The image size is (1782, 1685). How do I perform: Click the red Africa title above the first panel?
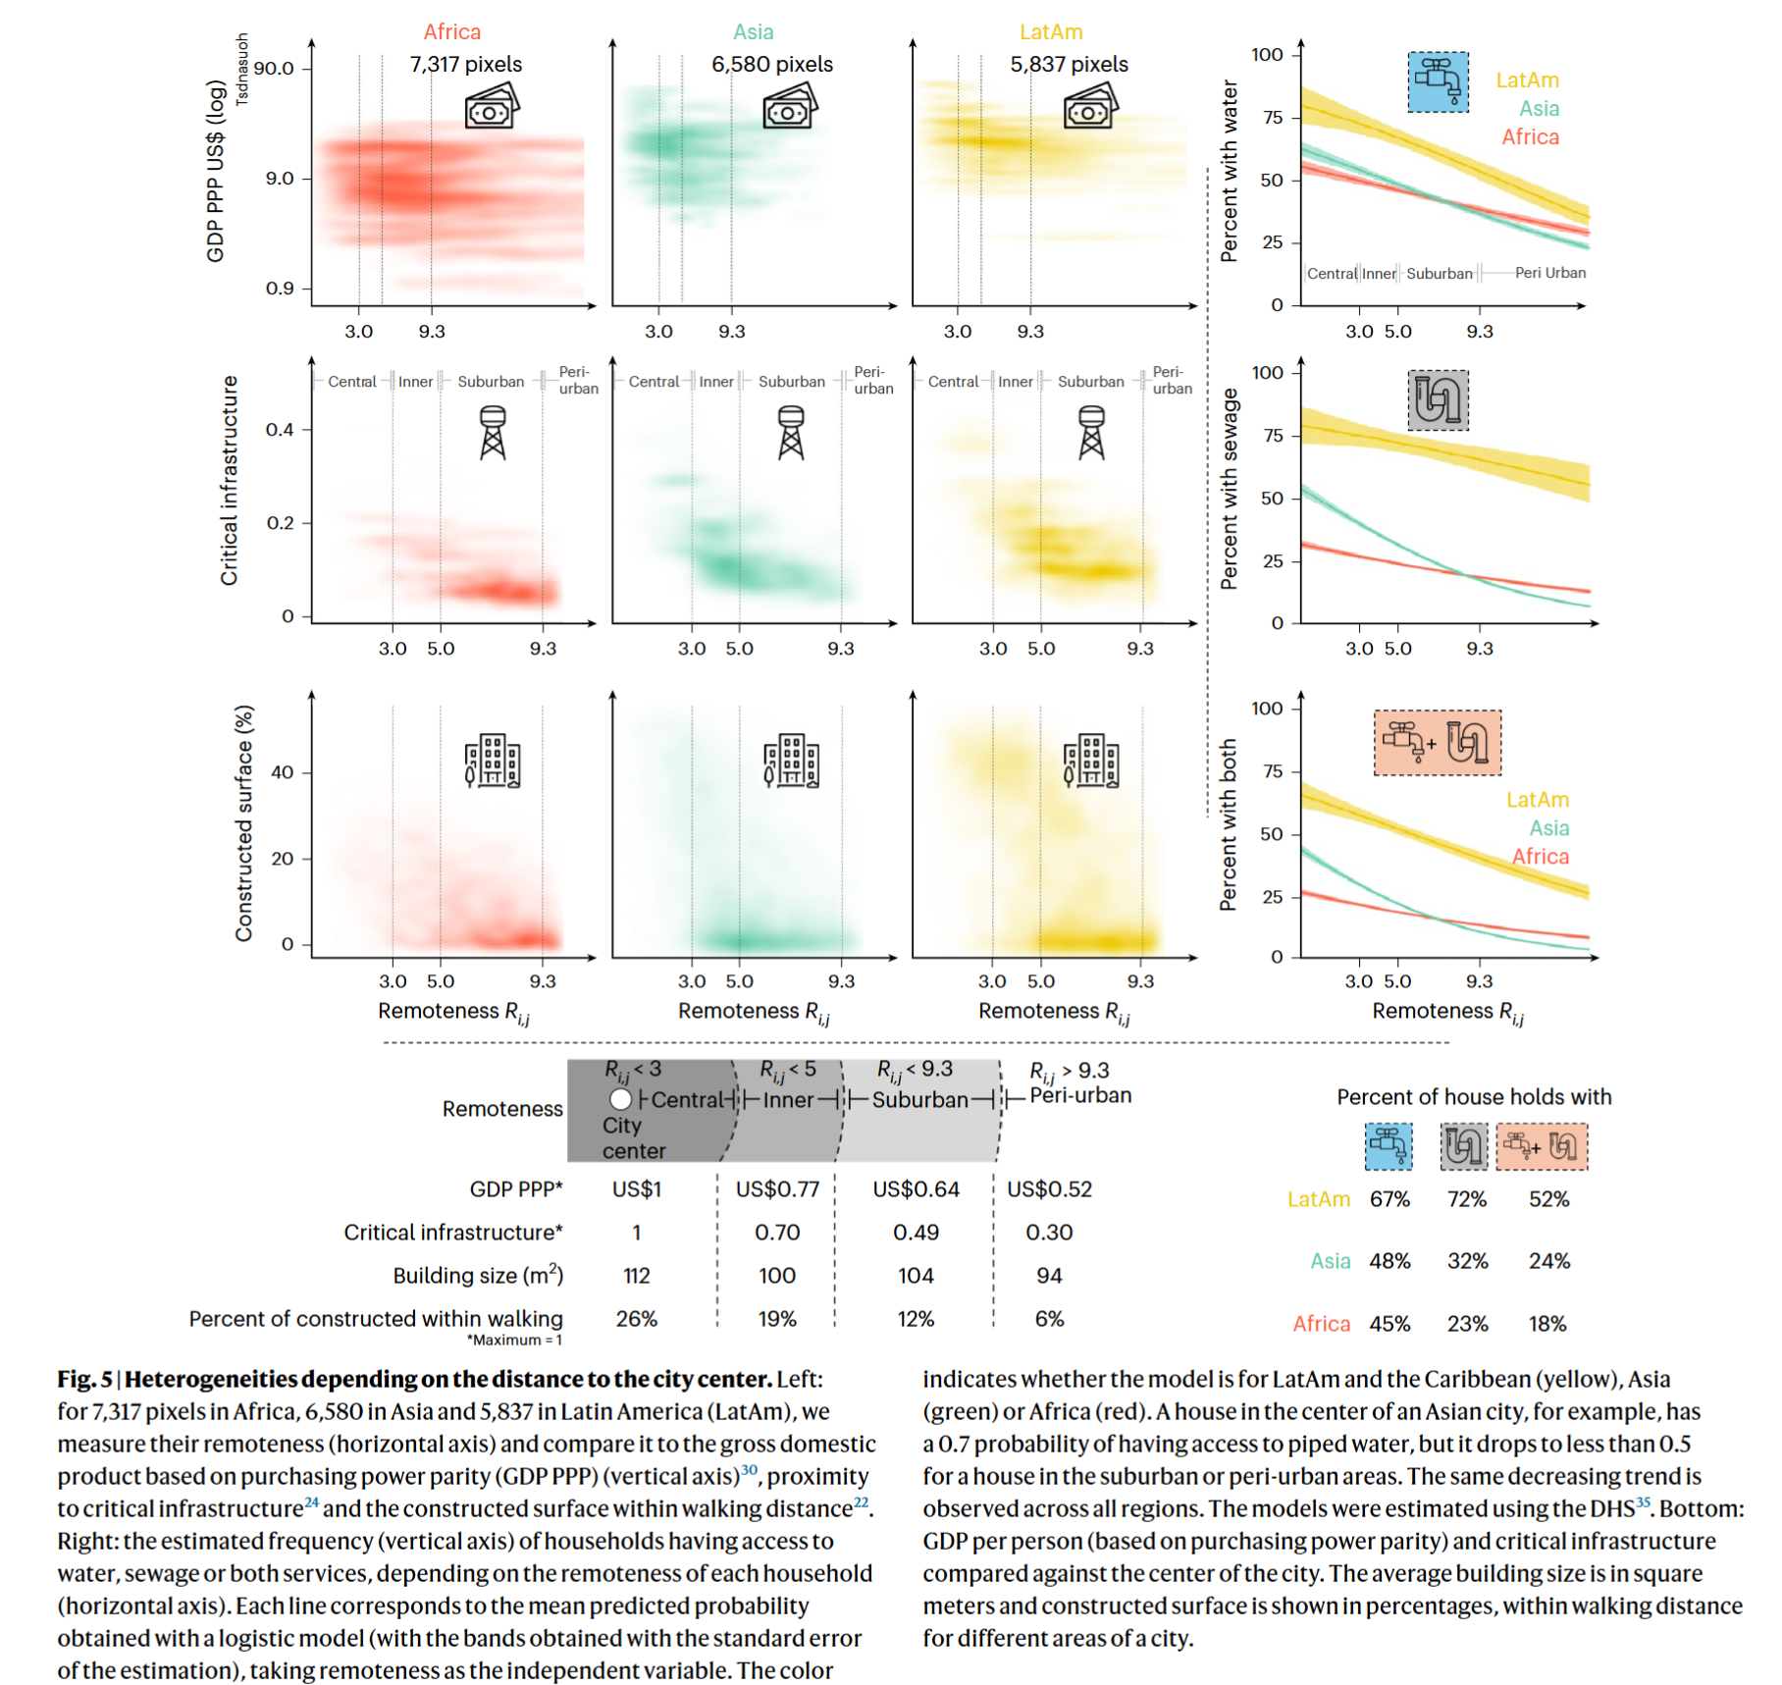click(452, 31)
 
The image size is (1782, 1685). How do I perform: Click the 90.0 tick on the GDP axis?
click(274, 69)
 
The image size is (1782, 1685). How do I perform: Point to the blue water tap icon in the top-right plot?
click(1438, 82)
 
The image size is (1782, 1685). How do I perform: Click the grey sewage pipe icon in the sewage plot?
click(1438, 400)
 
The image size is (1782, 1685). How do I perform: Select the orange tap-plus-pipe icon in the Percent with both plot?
click(1437, 743)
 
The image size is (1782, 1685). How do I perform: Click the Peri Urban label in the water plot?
click(1549, 273)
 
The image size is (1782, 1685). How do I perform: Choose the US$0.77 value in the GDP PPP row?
click(777, 1189)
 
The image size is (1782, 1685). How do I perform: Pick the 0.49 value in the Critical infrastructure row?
click(916, 1233)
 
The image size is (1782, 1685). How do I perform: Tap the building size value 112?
click(636, 1276)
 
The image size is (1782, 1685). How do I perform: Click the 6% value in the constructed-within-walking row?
click(1049, 1319)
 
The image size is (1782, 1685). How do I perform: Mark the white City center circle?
click(620, 1099)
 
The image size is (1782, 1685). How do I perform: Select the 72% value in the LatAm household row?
click(1467, 1199)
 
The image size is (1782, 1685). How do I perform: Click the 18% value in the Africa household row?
click(1547, 1324)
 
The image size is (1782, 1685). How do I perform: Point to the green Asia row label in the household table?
click(1330, 1261)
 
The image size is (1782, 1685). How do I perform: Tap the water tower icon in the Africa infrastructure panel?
click(493, 434)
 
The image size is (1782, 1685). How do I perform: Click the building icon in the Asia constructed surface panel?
click(791, 761)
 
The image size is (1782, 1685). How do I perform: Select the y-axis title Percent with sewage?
click(1229, 489)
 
